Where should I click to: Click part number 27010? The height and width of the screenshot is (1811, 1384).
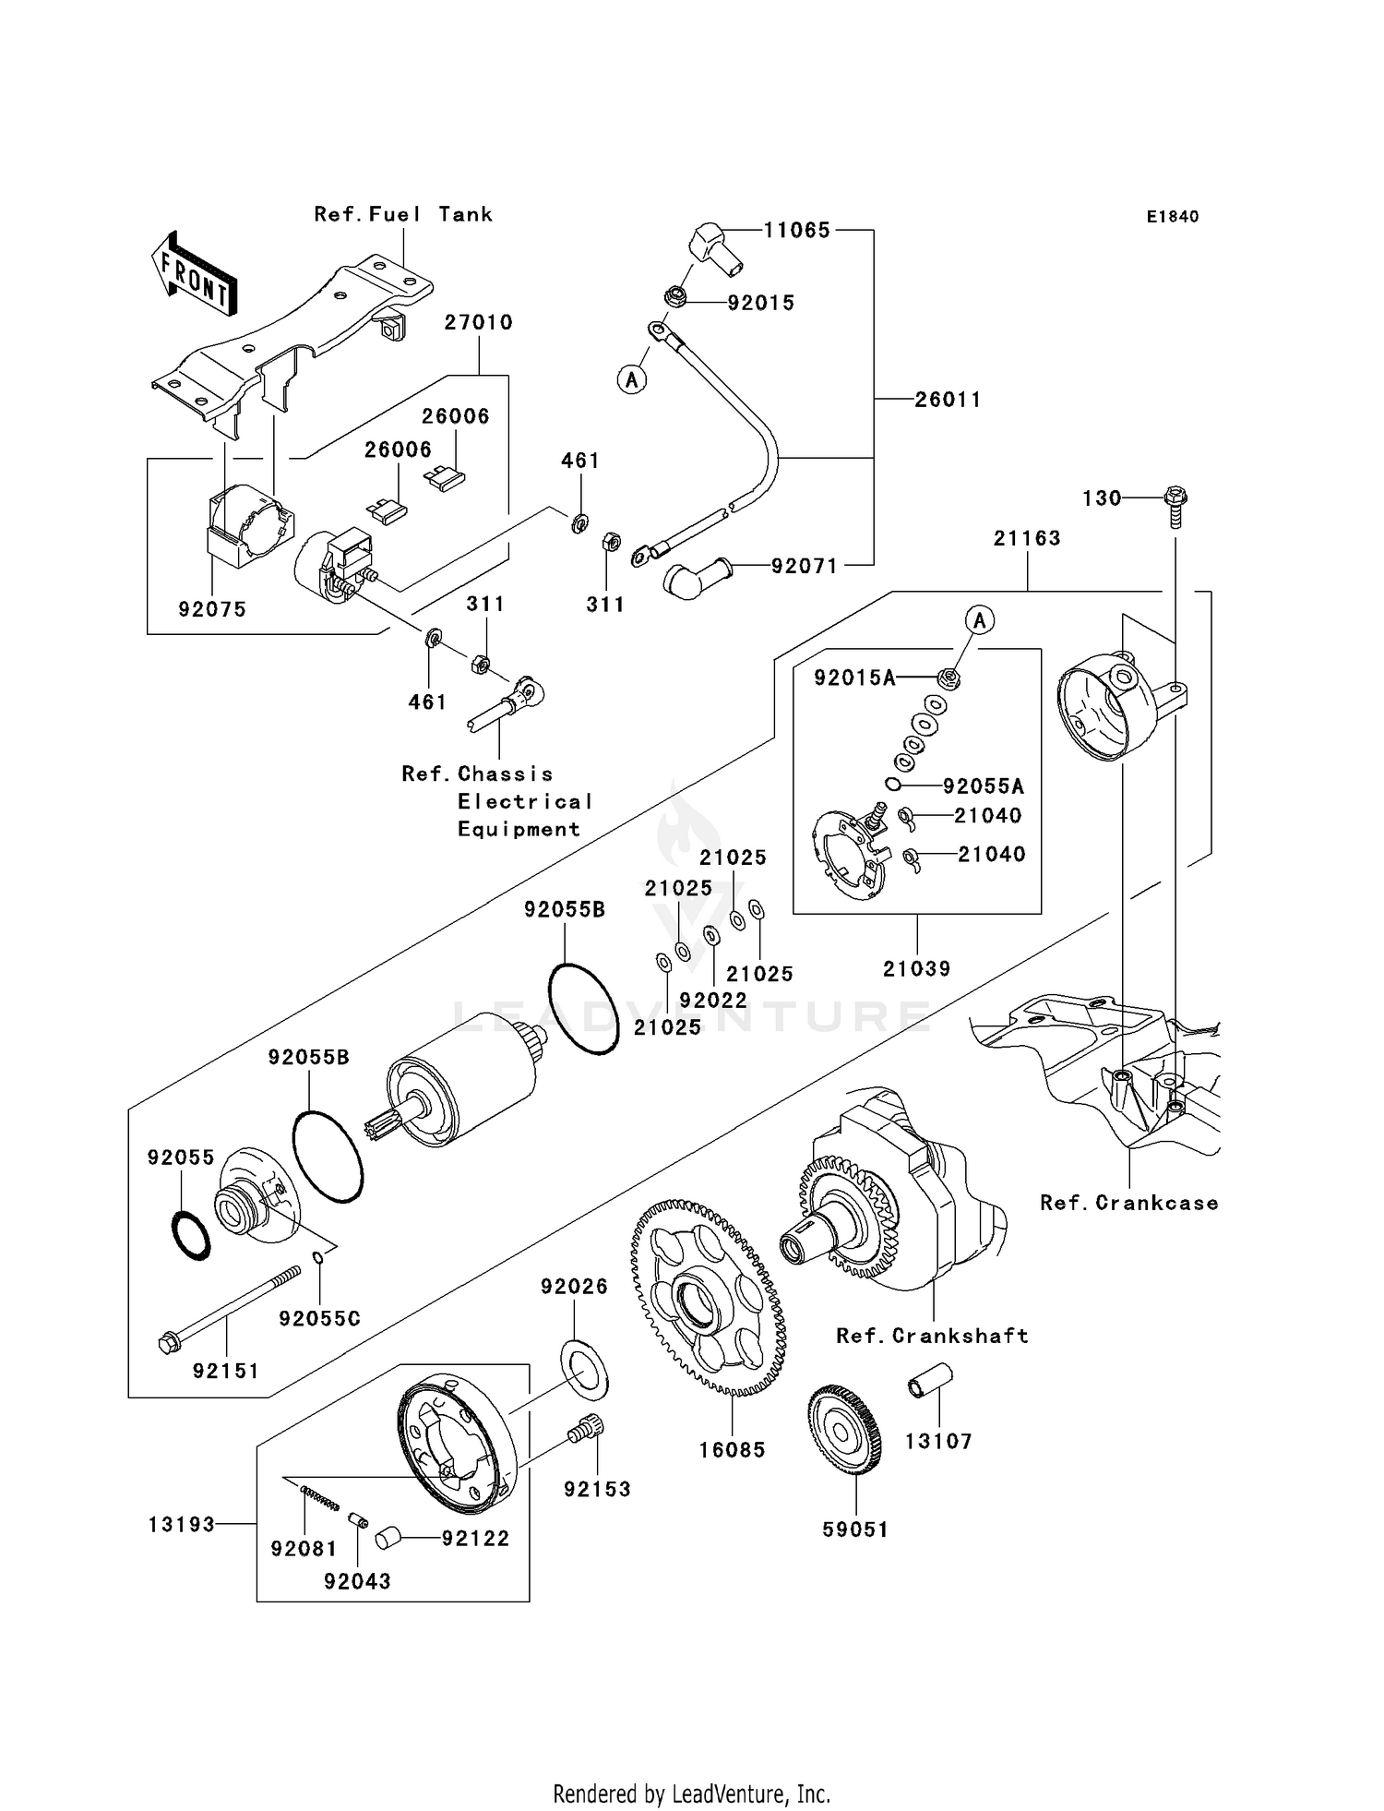(478, 322)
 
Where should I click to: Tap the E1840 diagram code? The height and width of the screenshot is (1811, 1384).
(1173, 217)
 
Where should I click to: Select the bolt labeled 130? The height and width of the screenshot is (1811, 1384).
(1175, 505)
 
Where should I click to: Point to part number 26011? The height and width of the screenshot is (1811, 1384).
(948, 400)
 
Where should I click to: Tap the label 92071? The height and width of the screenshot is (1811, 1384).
(805, 566)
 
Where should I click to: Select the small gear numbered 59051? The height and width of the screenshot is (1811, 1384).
(844, 1435)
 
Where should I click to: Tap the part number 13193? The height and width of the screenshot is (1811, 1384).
(181, 1524)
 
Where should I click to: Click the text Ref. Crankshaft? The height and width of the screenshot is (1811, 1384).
(932, 1336)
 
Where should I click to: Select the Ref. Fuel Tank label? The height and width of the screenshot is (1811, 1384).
(403, 214)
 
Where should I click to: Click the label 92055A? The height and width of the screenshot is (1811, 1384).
(983, 786)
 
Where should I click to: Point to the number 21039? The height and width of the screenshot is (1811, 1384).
(916, 968)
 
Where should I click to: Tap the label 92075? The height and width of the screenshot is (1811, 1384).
(212, 609)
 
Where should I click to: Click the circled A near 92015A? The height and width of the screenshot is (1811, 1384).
(980, 621)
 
